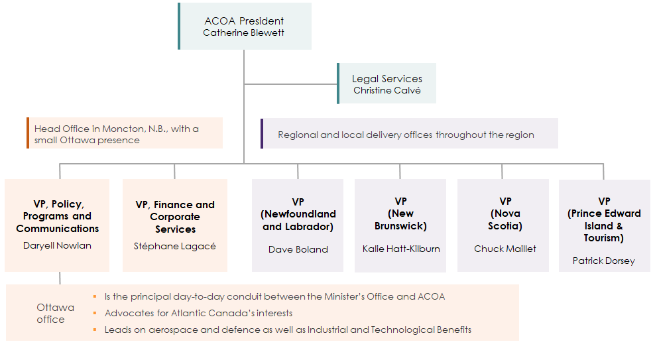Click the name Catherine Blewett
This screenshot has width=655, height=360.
(x=243, y=32)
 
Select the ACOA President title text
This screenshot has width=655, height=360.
(x=243, y=21)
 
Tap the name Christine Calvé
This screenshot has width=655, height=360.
(x=387, y=90)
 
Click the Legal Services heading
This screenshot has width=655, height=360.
(x=387, y=78)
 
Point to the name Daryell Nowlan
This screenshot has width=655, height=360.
(x=58, y=245)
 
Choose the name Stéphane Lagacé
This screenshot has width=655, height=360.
(x=175, y=246)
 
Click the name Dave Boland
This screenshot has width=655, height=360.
(x=298, y=249)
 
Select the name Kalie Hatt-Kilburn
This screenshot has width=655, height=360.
(x=400, y=249)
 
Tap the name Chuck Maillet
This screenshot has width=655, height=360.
(x=505, y=249)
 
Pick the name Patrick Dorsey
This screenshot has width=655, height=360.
(x=603, y=261)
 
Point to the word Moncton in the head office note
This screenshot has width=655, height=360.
(x=120, y=129)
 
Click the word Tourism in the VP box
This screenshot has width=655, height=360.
(x=604, y=238)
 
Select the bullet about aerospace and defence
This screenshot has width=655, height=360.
(x=288, y=330)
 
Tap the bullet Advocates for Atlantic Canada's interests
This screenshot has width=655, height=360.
(x=198, y=313)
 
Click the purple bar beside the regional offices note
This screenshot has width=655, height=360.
(x=262, y=133)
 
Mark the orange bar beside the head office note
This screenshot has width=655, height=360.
(x=28, y=133)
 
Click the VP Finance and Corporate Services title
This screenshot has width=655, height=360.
(x=175, y=217)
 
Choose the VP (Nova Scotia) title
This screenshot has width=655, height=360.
(x=505, y=213)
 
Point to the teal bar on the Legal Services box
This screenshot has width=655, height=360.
(x=338, y=84)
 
